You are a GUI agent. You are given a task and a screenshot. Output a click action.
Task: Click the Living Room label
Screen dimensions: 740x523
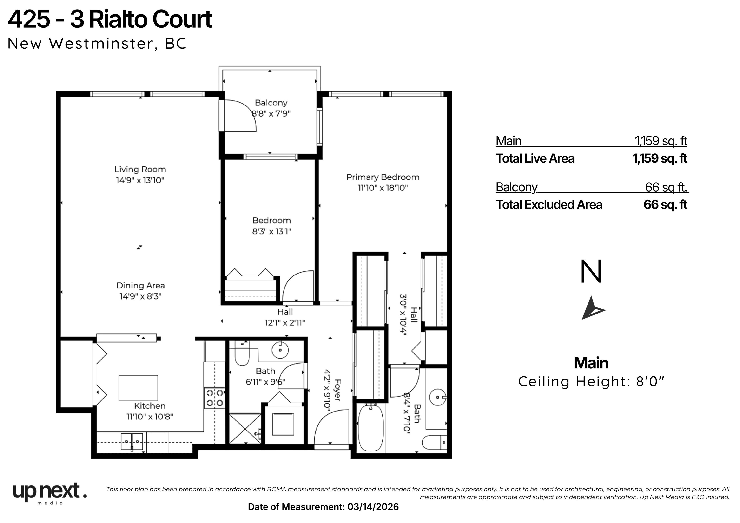140,170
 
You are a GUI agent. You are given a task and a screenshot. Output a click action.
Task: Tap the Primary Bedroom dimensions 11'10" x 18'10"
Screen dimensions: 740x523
383,188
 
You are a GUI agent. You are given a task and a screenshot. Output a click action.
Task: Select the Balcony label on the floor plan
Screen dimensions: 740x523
271,103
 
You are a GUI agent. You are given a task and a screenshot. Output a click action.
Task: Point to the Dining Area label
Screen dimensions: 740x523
140,286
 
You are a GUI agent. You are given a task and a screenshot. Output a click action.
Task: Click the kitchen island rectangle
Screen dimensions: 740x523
138,388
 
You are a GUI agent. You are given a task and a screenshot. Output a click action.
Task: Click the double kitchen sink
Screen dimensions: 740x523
132,441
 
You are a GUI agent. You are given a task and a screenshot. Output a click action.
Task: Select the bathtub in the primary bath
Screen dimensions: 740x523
371,428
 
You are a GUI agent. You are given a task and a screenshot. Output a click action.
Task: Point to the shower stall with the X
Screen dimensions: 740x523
245,429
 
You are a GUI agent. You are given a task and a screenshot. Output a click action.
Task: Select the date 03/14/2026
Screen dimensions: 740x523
373,507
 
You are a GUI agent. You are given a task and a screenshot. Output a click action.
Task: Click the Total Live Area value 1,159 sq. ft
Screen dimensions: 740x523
660,158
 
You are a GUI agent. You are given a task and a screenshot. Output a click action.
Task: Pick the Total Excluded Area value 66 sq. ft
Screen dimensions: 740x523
666,205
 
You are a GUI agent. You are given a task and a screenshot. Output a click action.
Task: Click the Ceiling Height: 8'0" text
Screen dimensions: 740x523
591,382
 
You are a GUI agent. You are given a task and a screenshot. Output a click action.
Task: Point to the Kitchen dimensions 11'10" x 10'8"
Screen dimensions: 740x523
150,417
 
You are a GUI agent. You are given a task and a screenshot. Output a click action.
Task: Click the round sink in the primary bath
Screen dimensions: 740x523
438,397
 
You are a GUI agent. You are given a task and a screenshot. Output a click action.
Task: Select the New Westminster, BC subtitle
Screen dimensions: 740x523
97,44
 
